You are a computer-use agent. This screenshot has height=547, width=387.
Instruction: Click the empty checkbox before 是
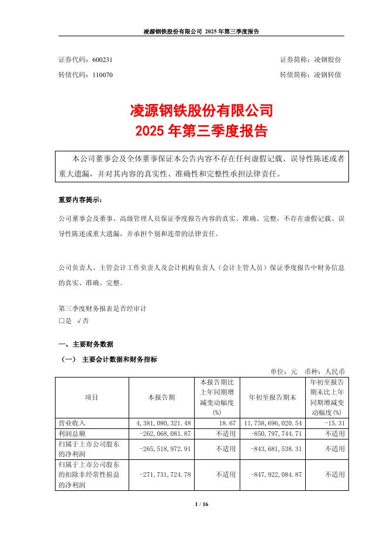click(61, 321)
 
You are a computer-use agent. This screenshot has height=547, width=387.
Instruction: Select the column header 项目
click(92, 397)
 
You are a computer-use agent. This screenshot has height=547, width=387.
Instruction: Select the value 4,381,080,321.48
click(161, 423)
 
